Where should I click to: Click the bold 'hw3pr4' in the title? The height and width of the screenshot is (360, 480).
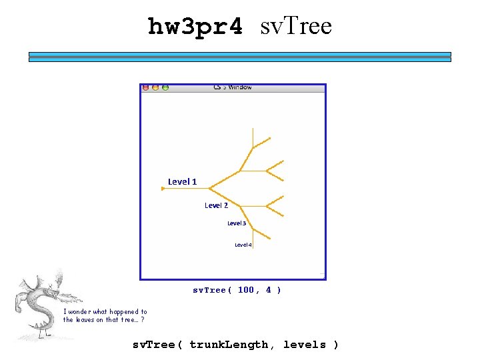coord(195,27)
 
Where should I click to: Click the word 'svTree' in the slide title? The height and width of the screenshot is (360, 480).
coord(295,27)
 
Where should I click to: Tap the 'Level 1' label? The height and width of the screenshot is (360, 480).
coord(182,181)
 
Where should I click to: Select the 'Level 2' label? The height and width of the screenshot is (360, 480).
coord(216,205)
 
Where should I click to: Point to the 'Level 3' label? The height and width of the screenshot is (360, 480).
coord(237,223)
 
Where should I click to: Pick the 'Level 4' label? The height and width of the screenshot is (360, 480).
coord(243,245)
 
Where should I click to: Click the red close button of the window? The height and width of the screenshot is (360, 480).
coord(146,87)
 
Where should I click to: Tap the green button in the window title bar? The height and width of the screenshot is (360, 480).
coord(165,87)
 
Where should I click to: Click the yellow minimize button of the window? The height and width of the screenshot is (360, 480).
coord(155,87)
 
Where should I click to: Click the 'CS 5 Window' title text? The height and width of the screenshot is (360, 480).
coord(233,87)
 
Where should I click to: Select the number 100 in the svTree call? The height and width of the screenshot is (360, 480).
coord(246,290)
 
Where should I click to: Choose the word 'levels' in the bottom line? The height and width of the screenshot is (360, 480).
coord(305,345)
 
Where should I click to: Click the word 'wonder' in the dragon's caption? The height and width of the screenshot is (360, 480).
coord(85,311)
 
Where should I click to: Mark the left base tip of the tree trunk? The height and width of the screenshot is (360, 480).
coord(163,189)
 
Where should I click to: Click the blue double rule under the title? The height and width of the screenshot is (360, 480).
coord(239,57)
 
